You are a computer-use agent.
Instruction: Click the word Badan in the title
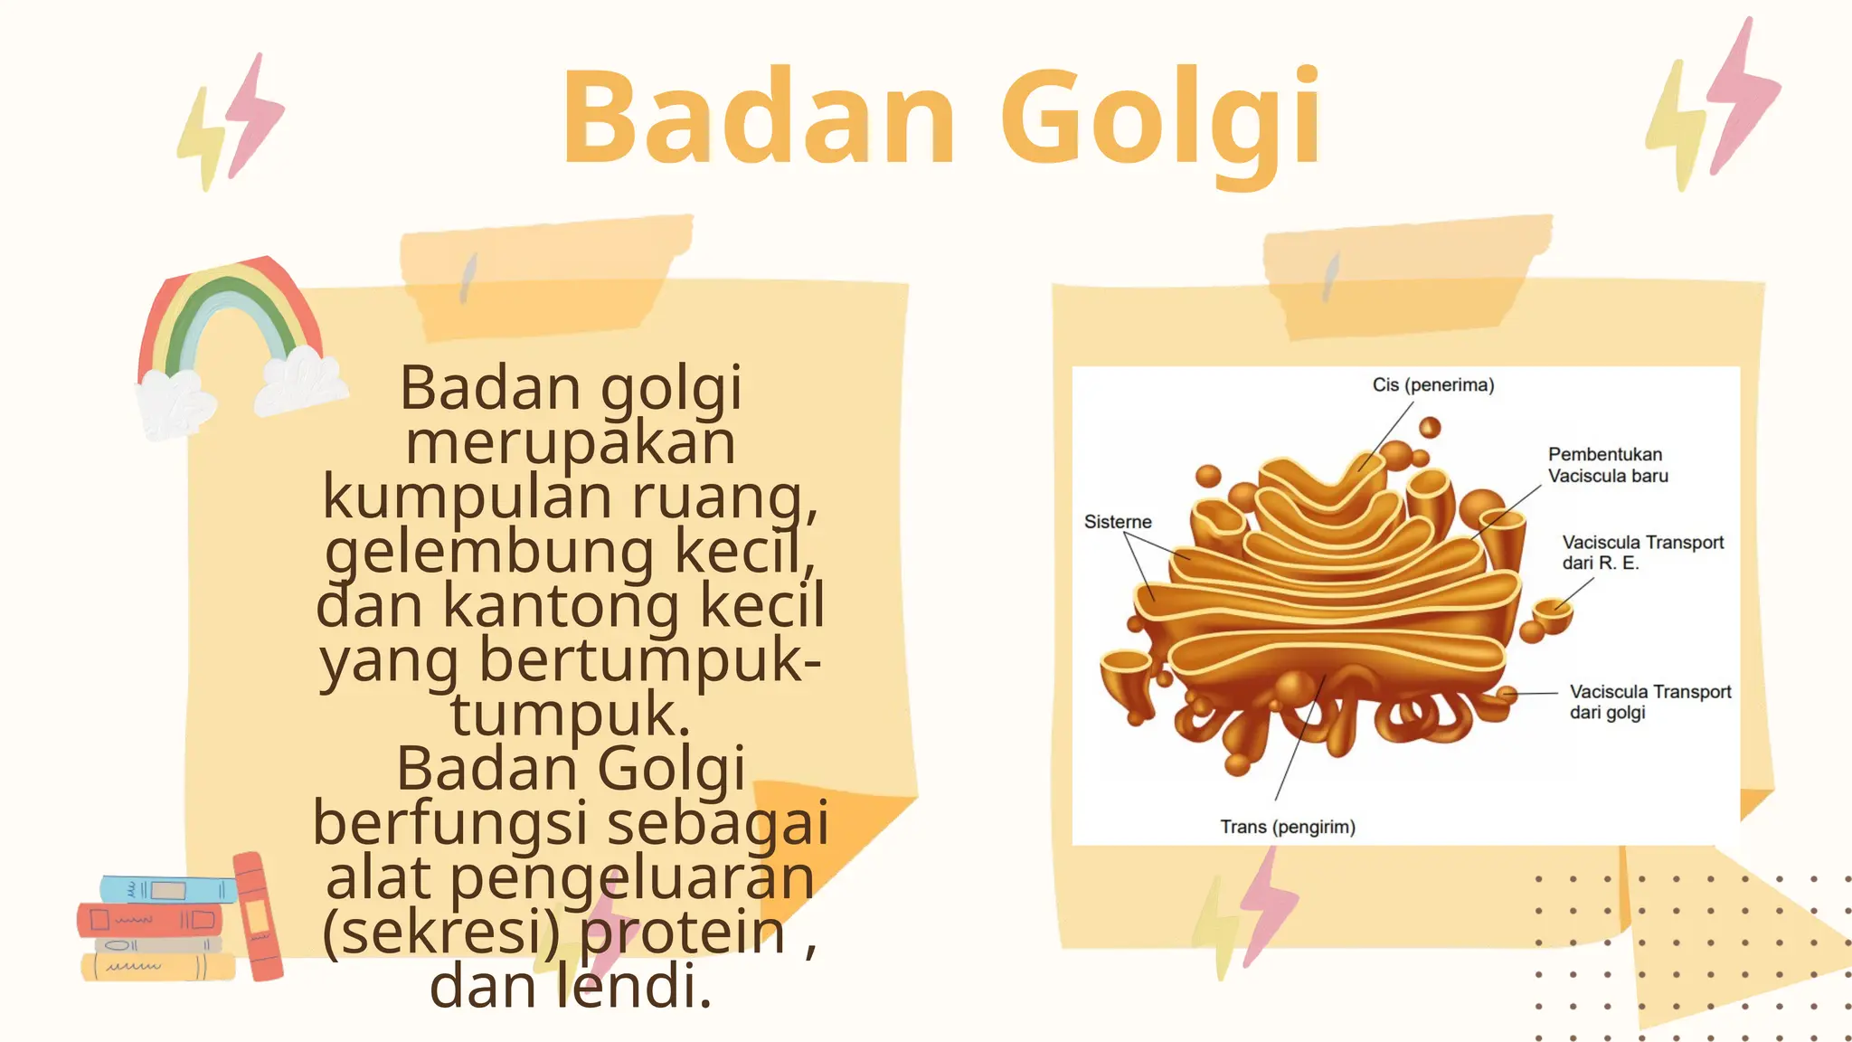click(758, 118)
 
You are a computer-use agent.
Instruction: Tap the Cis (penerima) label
click(1433, 385)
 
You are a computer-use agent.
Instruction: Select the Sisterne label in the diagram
click(1118, 522)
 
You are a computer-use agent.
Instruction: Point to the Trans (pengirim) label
click(1288, 827)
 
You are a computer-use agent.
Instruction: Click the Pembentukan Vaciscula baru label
click(1608, 465)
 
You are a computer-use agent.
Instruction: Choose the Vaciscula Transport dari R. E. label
click(1642, 552)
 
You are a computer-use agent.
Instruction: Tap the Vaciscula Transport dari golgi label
click(1649, 702)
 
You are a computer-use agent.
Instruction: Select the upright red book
click(258, 915)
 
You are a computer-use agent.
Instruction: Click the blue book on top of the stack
click(167, 889)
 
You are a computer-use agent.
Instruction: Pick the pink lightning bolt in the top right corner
click(1745, 95)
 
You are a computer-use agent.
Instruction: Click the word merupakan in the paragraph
click(570, 442)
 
